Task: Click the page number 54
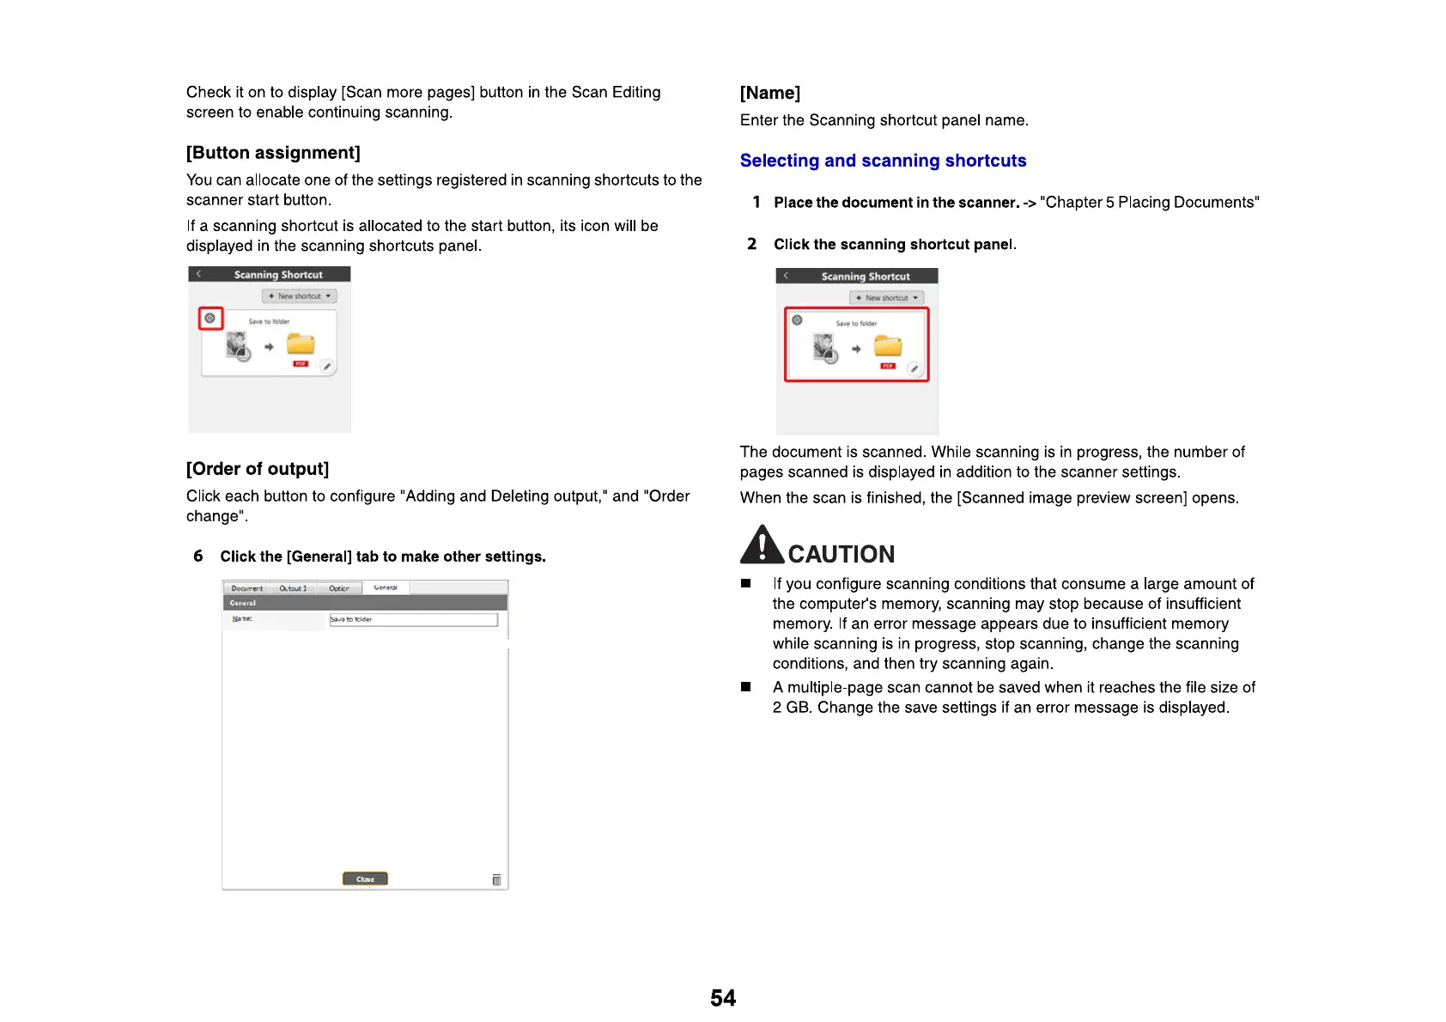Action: pyautogui.click(x=723, y=998)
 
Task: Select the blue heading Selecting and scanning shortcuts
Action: pyautogui.click(x=883, y=161)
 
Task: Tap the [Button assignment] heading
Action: pyautogui.click(x=273, y=153)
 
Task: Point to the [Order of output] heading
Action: pyautogui.click(x=258, y=469)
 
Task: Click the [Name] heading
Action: pyautogui.click(x=770, y=93)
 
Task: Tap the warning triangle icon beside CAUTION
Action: pyautogui.click(x=762, y=545)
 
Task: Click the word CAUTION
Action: pyautogui.click(x=841, y=554)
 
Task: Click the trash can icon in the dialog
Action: pyautogui.click(x=496, y=879)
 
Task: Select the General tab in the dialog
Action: pyautogui.click(x=386, y=588)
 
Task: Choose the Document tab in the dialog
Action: pyautogui.click(x=247, y=588)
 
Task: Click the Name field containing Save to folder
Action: pyautogui.click(x=413, y=619)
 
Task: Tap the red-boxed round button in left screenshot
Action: pyautogui.click(x=210, y=319)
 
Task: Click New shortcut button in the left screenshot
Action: pyautogui.click(x=299, y=296)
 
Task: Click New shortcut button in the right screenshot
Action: pyautogui.click(x=886, y=298)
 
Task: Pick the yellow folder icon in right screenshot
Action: pyautogui.click(x=888, y=346)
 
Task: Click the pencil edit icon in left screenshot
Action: pyautogui.click(x=327, y=367)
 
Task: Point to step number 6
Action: pyautogui.click(x=198, y=557)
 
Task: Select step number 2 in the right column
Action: pyautogui.click(x=752, y=244)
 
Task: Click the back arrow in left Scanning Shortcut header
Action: pyautogui.click(x=198, y=274)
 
